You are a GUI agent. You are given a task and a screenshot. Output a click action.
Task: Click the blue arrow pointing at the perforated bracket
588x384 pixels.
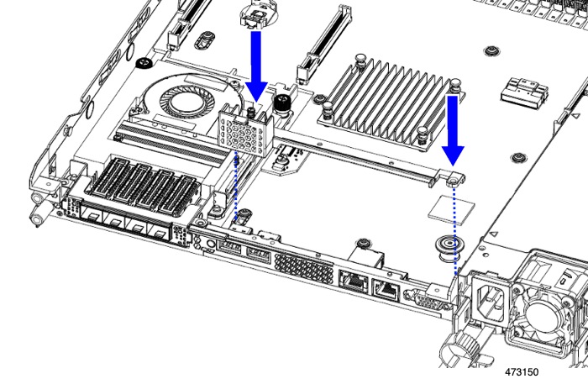point(256,63)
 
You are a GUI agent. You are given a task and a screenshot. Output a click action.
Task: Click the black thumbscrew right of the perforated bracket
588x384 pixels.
point(283,105)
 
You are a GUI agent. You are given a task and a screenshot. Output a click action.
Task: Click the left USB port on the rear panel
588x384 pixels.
point(230,247)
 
